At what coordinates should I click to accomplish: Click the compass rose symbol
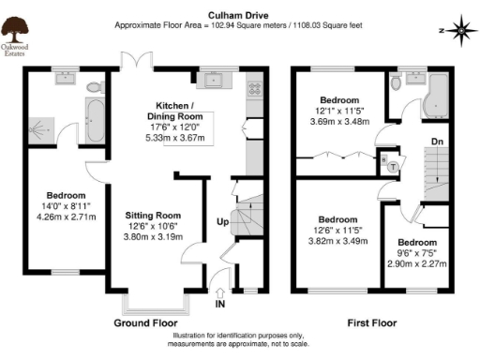[x=461, y=30]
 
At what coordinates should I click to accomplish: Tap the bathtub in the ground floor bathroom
[x=94, y=124]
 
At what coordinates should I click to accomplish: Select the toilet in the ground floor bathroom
[x=93, y=88]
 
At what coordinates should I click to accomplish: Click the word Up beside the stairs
[x=221, y=223]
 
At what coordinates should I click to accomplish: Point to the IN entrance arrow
[x=220, y=293]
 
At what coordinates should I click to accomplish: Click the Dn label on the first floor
[x=437, y=142]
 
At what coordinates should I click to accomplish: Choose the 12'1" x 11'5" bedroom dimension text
[x=340, y=112]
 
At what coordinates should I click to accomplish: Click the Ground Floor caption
[x=147, y=323]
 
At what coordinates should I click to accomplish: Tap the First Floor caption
[x=371, y=323]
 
